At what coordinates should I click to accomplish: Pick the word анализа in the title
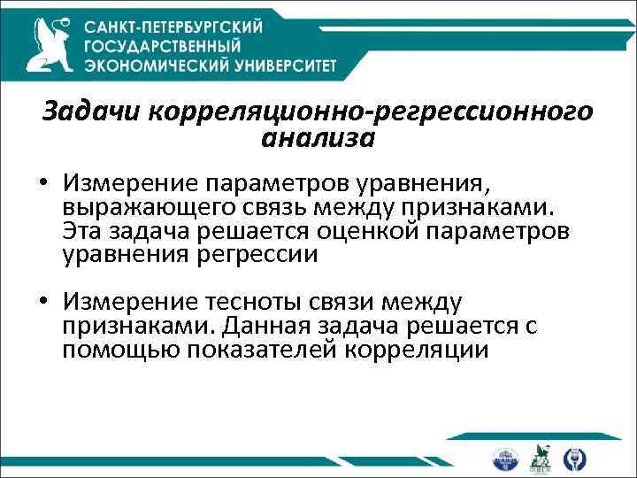pos(318,138)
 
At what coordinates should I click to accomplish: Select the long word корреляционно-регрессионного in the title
pos(371,113)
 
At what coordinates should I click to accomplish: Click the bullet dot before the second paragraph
pos(44,306)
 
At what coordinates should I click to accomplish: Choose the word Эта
pos(83,232)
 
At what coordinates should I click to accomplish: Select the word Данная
pos(265,327)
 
